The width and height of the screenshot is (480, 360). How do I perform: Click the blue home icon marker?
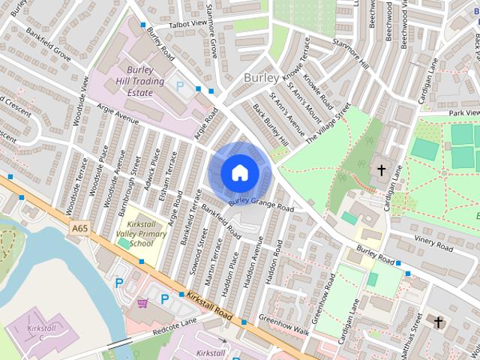coord(238,173)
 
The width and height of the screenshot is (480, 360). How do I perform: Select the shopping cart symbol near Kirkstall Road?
coord(143,304)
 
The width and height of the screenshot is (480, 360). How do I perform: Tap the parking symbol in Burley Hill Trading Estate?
coord(178,85)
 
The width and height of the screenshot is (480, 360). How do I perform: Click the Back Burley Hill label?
coord(270,124)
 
